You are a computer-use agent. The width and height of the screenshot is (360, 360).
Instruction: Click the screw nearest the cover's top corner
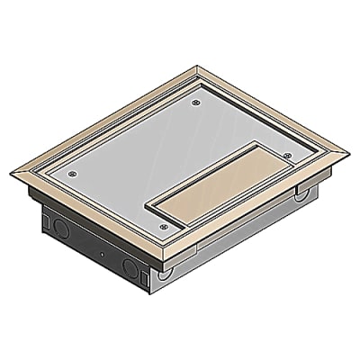(x=197, y=104)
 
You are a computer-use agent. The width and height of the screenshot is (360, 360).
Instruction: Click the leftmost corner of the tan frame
(x=17, y=174)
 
